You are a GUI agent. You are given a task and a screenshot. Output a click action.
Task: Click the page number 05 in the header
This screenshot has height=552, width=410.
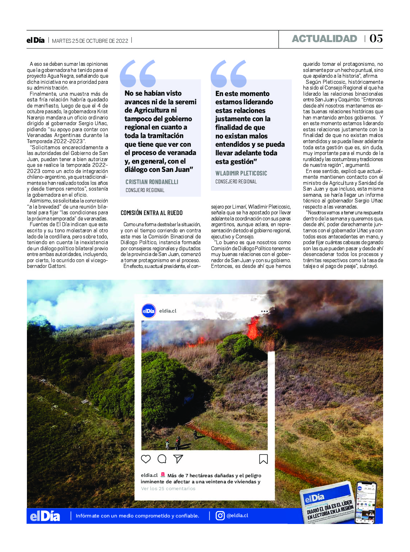click(376, 38)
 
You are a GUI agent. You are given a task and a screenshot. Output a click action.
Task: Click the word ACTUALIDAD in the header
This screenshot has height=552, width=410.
click(324, 39)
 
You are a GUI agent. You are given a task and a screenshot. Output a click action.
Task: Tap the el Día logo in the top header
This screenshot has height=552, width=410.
click(36, 40)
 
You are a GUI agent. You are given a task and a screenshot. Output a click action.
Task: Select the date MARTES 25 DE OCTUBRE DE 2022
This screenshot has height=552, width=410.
click(90, 41)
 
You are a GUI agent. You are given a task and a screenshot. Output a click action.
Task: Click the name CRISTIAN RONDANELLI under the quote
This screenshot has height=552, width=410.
click(152, 182)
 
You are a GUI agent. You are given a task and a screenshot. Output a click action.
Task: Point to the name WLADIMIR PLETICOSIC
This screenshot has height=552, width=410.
click(241, 173)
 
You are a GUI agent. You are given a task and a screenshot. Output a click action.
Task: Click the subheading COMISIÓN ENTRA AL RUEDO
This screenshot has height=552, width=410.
click(152, 213)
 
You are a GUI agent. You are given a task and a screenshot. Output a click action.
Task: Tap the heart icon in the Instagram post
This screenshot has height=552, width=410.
click(146, 459)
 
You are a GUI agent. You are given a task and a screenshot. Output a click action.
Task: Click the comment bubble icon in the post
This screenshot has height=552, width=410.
click(162, 459)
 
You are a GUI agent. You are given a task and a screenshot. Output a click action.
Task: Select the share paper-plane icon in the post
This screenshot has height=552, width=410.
click(178, 459)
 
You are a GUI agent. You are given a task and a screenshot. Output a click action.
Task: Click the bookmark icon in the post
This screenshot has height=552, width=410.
click(263, 459)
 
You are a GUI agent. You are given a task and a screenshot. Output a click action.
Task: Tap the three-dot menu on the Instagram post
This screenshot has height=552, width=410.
click(265, 311)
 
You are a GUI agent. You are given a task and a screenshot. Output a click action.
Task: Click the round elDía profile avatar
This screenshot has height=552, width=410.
click(149, 311)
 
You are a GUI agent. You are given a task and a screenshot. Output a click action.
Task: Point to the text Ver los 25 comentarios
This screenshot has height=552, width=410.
click(168, 489)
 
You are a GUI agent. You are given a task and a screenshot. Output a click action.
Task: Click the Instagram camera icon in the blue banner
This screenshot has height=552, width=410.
click(220, 516)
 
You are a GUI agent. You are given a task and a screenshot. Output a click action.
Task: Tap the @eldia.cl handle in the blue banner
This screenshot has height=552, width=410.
click(237, 516)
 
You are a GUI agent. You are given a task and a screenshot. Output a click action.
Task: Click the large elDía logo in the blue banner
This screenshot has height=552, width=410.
click(45, 516)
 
